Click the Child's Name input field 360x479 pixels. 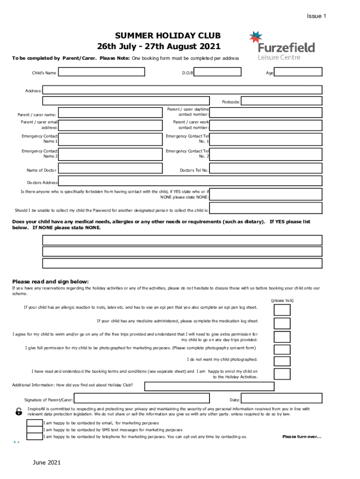click(101, 73)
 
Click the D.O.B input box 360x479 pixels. click(217, 72)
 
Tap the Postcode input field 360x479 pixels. click(281, 101)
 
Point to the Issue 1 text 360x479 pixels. click(316, 16)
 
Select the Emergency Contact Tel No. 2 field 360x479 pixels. click(266, 154)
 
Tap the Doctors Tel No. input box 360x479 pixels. click(266, 170)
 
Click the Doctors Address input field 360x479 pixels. click(190, 181)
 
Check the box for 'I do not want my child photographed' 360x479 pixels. click(282, 360)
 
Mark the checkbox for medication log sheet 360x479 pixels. click(282, 323)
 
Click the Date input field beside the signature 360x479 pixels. click(281, 399)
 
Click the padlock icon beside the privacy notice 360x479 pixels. click(18, 412)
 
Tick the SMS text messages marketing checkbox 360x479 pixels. click(34, 429)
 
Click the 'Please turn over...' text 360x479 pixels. click(302, 437)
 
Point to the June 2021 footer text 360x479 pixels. click(47, 463)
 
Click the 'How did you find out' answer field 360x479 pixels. click(209, 386)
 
